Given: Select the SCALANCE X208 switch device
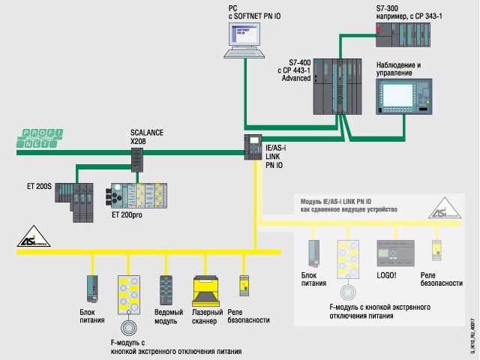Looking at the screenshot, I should coord(137,159).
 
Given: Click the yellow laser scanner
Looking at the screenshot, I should coord(205,288).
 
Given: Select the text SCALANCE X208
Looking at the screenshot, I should coord(147,136).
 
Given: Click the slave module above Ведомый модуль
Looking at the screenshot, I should coord(166,289).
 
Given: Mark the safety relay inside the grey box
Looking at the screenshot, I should coord(434,250).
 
